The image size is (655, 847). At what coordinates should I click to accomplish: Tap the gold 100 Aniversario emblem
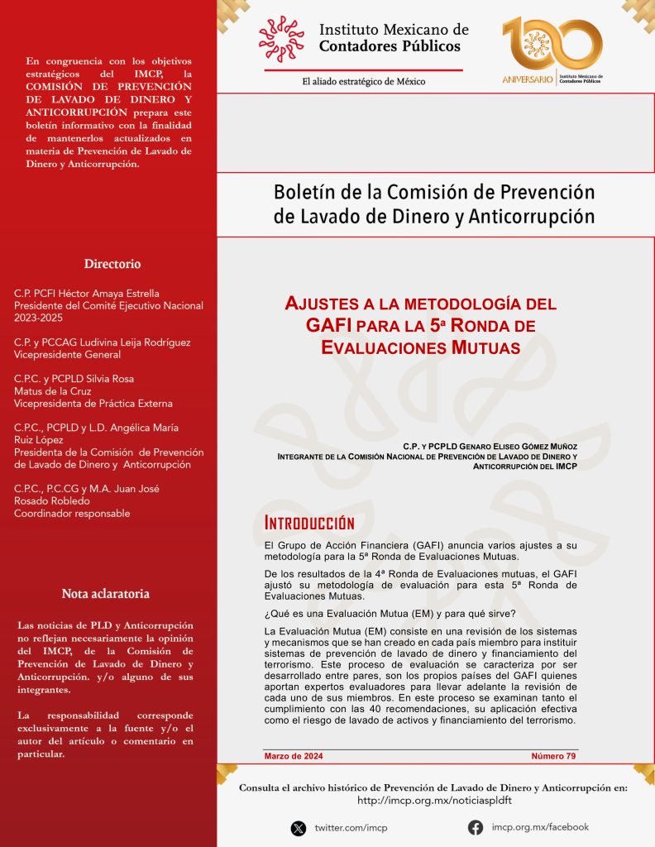552,50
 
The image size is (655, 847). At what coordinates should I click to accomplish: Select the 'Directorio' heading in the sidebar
112,264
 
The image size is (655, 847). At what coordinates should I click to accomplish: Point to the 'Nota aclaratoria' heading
105,594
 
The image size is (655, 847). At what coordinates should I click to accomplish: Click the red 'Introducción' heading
309,523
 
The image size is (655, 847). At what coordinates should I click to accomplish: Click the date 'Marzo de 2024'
294,756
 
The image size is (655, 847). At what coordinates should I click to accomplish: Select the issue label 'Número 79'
553,756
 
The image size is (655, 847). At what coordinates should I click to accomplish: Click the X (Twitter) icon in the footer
299,828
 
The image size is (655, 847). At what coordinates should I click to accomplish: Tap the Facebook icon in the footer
476,827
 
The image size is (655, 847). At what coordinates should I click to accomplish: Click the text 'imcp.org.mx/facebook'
540,827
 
